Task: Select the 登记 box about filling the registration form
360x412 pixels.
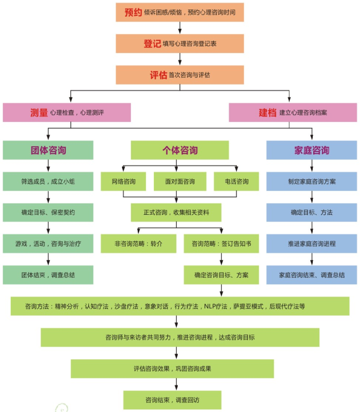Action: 180,44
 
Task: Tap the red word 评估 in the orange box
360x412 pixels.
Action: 158,75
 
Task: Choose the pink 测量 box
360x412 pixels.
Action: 67,113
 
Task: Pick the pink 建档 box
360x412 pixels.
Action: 292,113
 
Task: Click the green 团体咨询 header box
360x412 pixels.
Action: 48,150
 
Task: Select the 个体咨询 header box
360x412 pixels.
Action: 180,150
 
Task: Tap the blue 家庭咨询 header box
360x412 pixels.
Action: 311,150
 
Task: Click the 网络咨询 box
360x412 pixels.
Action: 124,181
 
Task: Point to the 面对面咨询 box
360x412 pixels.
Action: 180,181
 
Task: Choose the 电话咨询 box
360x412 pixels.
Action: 237,181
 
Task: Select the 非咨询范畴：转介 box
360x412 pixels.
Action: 138,244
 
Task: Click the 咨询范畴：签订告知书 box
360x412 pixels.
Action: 221,244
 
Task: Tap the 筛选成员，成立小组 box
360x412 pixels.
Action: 48,181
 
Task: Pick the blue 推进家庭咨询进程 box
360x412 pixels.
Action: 311,244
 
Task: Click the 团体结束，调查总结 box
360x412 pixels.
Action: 48,275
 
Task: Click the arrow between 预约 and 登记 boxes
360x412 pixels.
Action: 180,28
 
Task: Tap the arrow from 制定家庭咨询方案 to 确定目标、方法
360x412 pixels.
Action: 311,197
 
